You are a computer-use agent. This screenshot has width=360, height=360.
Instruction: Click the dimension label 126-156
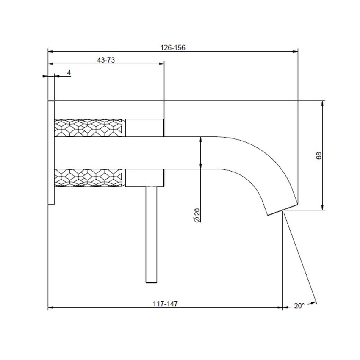pos(173,48)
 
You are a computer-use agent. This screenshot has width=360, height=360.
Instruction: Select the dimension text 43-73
pos(106,61)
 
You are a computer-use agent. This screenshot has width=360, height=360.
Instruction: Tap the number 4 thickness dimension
pos(69,73)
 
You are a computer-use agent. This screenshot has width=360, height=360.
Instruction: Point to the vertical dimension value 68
pos(319,155)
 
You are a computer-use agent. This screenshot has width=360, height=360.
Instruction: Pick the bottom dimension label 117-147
pos(166,304)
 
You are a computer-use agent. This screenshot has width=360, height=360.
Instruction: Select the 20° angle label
pos(299,306)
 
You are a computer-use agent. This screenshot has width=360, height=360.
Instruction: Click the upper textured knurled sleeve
pos(89,128)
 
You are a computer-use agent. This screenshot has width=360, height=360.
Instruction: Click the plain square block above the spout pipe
pos(145,128)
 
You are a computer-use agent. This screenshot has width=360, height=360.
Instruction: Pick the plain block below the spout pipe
pos(145,177)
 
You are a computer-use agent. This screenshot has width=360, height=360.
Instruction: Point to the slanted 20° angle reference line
pos(300,258)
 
